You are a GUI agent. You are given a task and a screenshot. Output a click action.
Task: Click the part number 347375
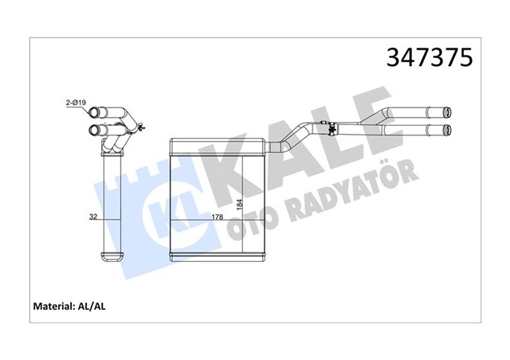point(430,57)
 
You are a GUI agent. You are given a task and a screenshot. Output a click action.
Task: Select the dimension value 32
point(95,216)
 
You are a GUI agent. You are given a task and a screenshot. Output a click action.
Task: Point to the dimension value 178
point(216,216)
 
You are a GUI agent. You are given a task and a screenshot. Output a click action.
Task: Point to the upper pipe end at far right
point(448,113)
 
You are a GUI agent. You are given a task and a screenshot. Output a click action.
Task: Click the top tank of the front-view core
point(219,146)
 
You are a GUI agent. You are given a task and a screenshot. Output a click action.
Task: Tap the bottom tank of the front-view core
point(219,257)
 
